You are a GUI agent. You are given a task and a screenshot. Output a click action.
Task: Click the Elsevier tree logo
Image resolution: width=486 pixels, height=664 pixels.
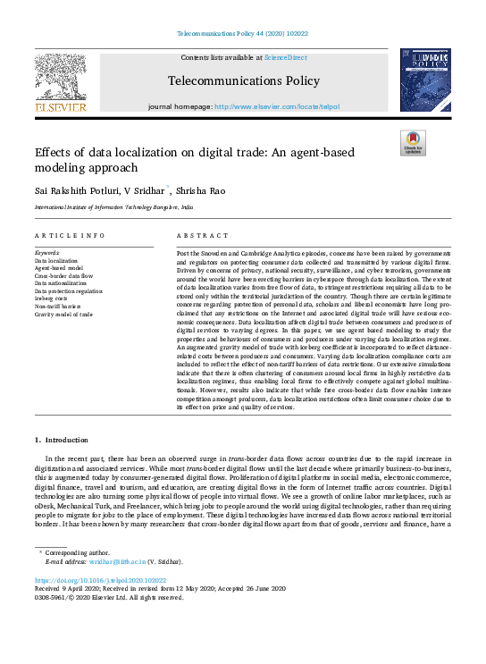click(60, 76)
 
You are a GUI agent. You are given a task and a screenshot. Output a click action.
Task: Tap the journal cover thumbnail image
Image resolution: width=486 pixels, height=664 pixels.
click(424, 80)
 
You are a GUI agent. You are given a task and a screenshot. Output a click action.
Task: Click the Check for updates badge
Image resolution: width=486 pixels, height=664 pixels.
click(412, 142)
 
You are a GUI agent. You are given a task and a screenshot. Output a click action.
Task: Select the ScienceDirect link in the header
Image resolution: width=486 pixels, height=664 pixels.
click(285, 57)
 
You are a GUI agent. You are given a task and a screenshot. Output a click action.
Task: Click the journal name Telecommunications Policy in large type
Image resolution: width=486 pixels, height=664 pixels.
click(243, 81)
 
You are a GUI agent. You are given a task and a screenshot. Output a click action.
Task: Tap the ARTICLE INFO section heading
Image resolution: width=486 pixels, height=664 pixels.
click(69, 236)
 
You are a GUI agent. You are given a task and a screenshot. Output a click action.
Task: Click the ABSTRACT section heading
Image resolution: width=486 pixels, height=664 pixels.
click(197, 236)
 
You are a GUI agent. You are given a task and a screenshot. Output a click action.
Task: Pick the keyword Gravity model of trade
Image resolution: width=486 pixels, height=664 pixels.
click(63, 315)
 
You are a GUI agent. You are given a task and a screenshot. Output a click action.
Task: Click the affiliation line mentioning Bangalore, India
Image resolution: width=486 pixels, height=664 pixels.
click(113, 206)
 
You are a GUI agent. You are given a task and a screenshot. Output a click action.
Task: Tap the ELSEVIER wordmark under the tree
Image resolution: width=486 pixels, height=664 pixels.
click(60, 107)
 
